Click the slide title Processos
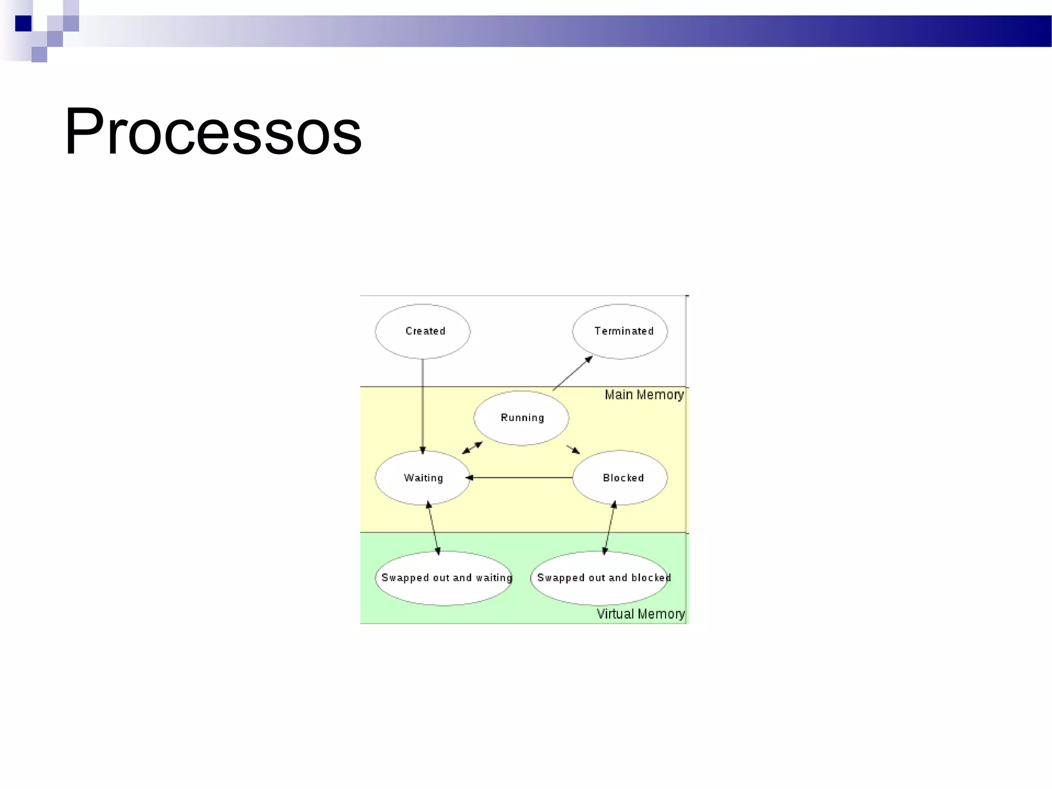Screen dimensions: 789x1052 click(x=213, y=131)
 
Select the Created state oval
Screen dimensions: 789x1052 click(x=422, y=331)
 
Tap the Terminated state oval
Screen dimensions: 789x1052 click(x=620, y=331)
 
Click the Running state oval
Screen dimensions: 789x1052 click(x=521, y=418)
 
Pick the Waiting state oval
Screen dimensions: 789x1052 click(x=422, y=478)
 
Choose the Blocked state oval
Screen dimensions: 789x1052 click(x=620, y=478)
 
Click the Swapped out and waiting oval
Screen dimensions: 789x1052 click(x=444, y=578)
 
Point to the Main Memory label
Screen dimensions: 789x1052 click(x=644, y=395)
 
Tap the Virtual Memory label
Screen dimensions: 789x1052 click(x=641, y=614)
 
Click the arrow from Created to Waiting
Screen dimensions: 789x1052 click(x=423, y=406)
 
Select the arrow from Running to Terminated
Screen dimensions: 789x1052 click(x=572, y=373)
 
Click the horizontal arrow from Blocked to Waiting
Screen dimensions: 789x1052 click(x=520, y=478)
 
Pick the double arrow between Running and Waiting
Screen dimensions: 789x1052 click(x=472, y=448)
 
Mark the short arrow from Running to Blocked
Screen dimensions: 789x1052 click(x=573, y=449)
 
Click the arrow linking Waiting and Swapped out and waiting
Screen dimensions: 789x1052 click(x=434, y=529)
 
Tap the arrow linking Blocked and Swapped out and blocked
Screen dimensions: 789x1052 click(x=609, y=528)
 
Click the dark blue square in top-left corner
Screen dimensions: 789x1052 click(x=23, y=24)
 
